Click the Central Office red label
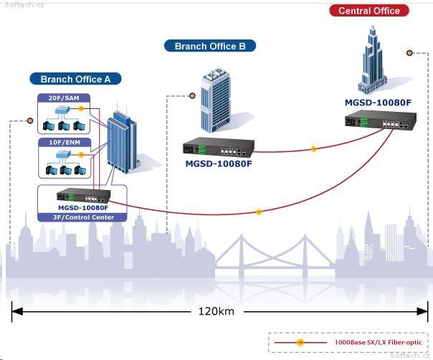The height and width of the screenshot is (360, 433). click(369, 11)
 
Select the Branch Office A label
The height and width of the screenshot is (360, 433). click(75, 79)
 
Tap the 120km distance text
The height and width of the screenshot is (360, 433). click(217, 311)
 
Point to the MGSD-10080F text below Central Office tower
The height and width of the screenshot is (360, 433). click(378, 103)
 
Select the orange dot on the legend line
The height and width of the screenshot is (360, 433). click(300, 343)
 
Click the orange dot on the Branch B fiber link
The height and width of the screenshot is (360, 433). click(313, 149)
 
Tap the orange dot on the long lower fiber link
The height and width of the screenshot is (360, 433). click(259, 212)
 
